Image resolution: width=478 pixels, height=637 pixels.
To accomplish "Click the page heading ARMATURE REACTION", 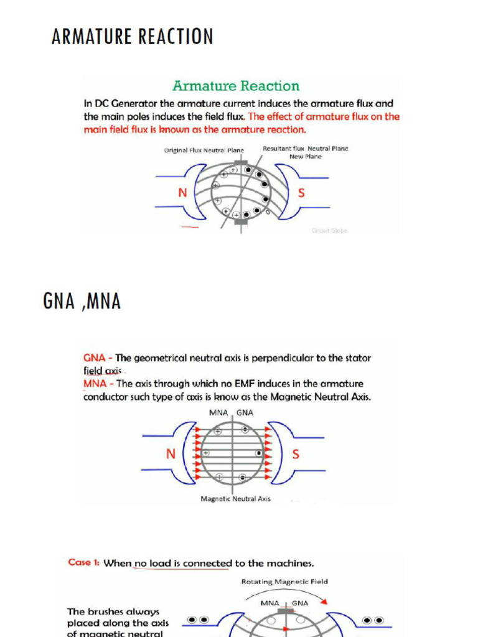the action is pyautogui.click(x=132, y=37).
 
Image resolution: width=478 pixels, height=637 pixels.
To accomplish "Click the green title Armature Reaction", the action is pyautogui.click(x=236, y=86).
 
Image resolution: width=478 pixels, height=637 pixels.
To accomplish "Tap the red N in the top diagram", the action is pyautogui.click(x=182, y=193).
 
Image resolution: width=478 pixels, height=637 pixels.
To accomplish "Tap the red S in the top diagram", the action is pyautogui.click(x=301, y=193).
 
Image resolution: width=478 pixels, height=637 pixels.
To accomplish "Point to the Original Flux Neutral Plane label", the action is pyautogui.click(x=204, y=151).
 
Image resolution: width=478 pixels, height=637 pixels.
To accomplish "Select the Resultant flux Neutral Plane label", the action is pyautogui.click(x=305, y=149).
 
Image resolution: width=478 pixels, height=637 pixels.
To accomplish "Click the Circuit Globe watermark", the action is pyautogui.click(x=330, y=230).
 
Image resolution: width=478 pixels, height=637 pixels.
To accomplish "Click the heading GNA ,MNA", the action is pyautogui.click(x=82, y=302).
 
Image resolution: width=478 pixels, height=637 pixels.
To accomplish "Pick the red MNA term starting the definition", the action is pyautogui.click(x=95, y=384).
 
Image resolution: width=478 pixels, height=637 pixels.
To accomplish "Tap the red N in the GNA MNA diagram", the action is pyautogui.click(x=171, y=454).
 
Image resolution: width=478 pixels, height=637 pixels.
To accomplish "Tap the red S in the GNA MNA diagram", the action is pyautogui.click(x=296, y=454).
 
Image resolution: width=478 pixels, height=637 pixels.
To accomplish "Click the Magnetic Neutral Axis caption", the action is pyautogui.click(x=235, y=499).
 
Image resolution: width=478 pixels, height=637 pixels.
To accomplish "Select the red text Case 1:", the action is pyautogui.click(x=84, y=562).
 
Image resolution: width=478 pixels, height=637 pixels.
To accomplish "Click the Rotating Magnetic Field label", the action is pyautogui.click(x=284, y=582).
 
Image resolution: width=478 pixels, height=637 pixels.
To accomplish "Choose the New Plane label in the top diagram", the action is pyautogui.click(x=305, y=157).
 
